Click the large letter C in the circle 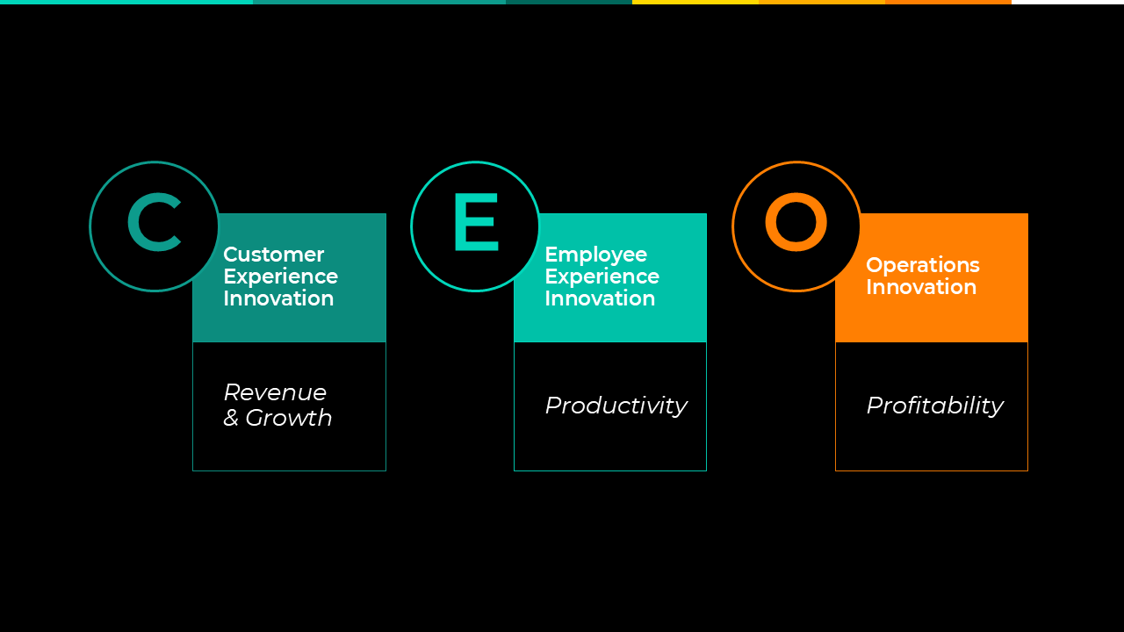[132, 222]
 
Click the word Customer [273, 255]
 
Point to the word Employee [596, 255]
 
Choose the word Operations [923, 265]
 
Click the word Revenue [275, 392]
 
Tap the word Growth [289, 418]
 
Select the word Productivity [616, 406]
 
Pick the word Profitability [935, 406]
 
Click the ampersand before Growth [231, 418]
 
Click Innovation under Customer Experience [278, 298]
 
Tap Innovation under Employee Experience [600, 298]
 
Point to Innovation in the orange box [921, 287]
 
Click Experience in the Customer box [280, 276]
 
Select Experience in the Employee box [602, 276]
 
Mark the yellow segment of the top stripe [695, 2]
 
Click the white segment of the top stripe [1068, 2]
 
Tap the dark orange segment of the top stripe [948, 2]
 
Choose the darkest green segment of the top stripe [569, 2]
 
